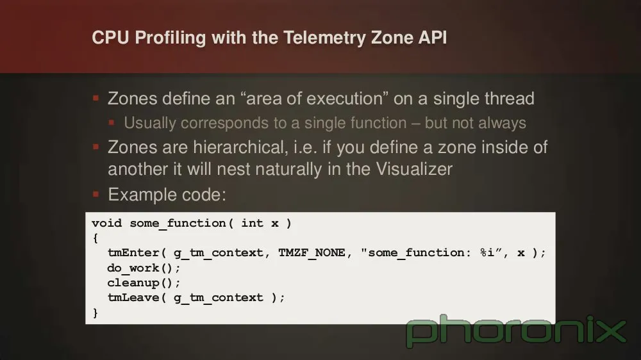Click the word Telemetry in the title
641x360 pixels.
click(x=325, y=38)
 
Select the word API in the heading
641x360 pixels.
click(x=432, y=38)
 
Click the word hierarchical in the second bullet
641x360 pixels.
click(x=240, y=147)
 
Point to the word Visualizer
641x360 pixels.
click(x=414, y=169)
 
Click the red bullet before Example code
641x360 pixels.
click(x=96, y=194)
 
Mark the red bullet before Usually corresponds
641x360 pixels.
click(x=112, y=122)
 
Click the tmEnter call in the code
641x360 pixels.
click(x=133, y=253)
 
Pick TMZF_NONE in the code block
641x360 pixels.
click(x=312, y=253)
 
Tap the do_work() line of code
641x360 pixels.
click(x=144, y=268)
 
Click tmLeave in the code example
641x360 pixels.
click(x=133, y=297)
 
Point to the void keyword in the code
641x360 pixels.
click(x=106, y=223)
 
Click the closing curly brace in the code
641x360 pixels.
click(x=96, y=313)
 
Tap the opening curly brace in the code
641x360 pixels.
click(x=96, y=238)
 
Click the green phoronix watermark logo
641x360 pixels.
click(x=516, y=331)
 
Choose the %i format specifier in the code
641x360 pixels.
click(x=487, y=252)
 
